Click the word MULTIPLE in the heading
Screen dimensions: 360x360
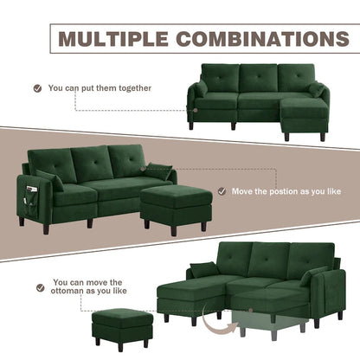click(x=106, y=39)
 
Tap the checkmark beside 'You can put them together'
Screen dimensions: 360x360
click(x=37, y=87)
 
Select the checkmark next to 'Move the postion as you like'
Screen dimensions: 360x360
click(x=222, y=191)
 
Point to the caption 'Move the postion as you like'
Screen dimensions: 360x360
click(x=285, y=191)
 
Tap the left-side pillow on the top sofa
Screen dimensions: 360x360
click(x=201, y=90)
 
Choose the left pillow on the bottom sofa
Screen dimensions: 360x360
click(x=203, y=270)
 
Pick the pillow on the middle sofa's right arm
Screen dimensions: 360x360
click(x=158, y=171)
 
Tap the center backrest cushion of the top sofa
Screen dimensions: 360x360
click(x=257, y=79)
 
